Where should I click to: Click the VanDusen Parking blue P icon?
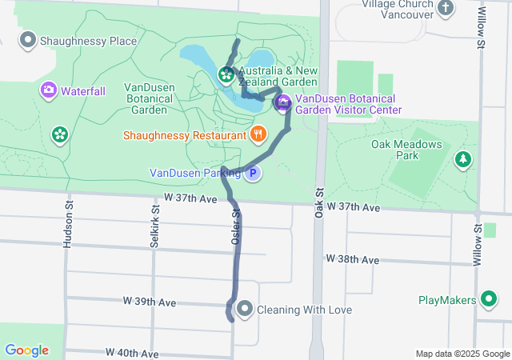tap(253, 173)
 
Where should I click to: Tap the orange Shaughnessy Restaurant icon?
tap(258, 135)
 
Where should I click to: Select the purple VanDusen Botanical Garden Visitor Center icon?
tap(283, 104)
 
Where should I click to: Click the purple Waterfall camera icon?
tap(49, 90)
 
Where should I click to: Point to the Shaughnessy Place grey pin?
tap(29, 39)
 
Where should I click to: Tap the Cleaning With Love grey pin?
tap(245, 309)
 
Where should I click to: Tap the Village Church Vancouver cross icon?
tap(446, 8)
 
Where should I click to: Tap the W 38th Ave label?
tap(353, 260)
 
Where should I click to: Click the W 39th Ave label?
tap(150, 302)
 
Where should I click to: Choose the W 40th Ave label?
tap(133, 353)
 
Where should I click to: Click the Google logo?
tap(26, 350)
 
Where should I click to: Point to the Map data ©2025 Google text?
tap(462, 354)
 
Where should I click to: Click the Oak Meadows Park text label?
tap(407, 150)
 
